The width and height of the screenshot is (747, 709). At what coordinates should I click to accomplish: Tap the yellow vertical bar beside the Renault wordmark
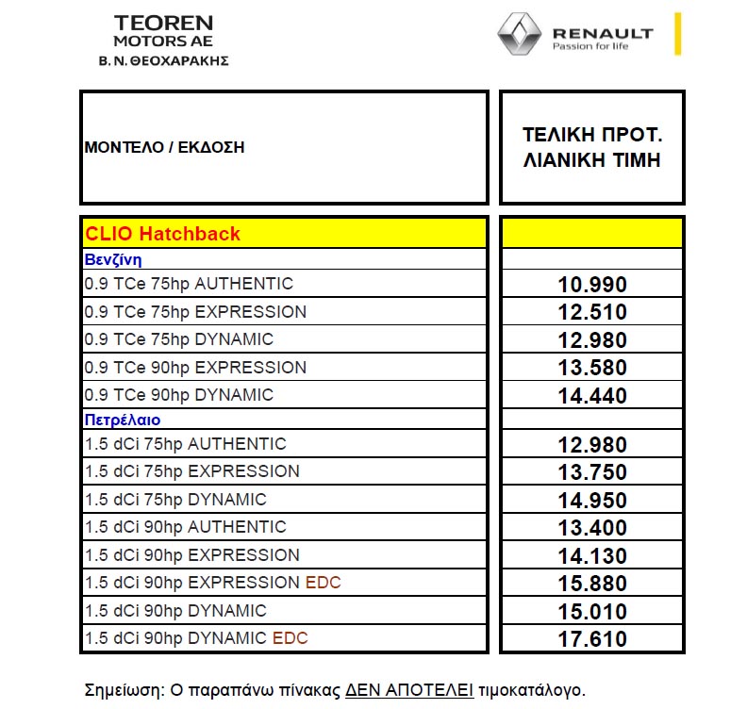point(677,34)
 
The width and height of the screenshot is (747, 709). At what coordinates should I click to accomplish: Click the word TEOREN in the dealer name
point(163,23)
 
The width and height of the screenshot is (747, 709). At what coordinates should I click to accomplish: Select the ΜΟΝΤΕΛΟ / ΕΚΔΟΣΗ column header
point(164,147)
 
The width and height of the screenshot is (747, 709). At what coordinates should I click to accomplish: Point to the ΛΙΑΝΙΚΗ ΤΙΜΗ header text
point(591,160)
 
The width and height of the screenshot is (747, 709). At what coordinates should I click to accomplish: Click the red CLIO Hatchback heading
point(163,234)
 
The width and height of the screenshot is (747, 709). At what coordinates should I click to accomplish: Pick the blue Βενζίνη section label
point(113,260)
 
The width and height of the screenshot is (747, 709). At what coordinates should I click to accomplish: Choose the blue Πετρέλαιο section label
point(123,420)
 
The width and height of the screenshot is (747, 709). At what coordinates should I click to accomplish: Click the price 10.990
point(591,286)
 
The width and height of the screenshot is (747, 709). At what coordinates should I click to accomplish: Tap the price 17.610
point(591,640)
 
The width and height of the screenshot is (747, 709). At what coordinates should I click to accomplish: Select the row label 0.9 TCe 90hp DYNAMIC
point(179,395)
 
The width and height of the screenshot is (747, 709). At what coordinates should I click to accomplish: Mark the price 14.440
point(591,397)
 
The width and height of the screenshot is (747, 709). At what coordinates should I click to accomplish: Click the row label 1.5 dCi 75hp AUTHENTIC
point(186,444)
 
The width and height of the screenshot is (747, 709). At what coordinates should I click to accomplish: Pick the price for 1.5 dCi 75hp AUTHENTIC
point(591,446)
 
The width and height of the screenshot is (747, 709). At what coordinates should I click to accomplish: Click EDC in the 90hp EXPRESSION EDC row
point(324,583)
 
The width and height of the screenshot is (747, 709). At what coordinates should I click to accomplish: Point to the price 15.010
point(591,612)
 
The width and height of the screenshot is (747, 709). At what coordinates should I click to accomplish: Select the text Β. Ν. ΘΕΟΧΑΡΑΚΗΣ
point(163,60)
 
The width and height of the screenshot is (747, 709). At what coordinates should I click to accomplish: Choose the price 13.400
point(591,529)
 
